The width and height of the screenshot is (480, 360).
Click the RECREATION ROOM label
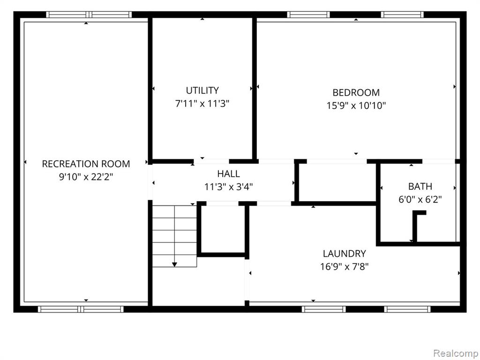[x=86, y=164]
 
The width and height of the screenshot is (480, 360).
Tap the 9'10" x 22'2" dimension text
[x=86, y=177]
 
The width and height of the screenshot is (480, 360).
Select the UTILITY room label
[x=202, y=90]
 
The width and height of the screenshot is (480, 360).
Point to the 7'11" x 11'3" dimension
[x=202, y=104]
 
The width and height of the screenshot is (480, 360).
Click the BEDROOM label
[x=356, y=92]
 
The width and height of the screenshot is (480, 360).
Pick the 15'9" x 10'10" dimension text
[x=356, y=105]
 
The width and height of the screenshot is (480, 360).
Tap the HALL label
[x=228, y=173]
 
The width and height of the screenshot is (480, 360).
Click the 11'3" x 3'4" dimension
[x=228, y=187]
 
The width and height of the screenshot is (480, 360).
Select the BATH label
[x=420, y=186]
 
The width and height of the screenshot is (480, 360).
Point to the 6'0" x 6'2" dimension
[x=420, y=199]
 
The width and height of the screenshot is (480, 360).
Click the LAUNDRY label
[x=345, y=254]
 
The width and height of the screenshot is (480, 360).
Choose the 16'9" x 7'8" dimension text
[x=345, y=267]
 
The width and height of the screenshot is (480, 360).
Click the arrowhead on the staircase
[x=174, y=264]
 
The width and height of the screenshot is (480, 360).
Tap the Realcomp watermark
[x=456, y=353]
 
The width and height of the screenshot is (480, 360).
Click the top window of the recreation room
[x=89, y=15]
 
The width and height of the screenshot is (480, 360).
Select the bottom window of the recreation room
[x=81, y=309]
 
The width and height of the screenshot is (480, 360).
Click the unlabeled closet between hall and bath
[x=337, y=182]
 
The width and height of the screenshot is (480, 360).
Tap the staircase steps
[x=174, y=236]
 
